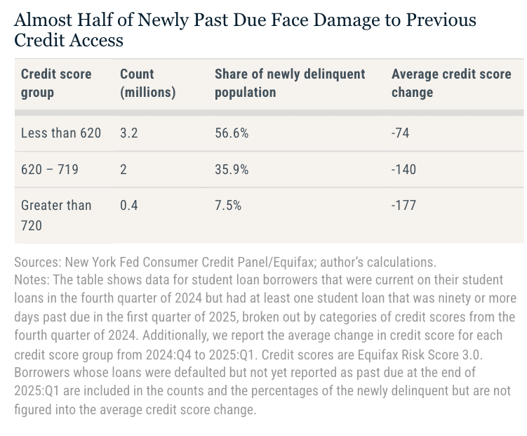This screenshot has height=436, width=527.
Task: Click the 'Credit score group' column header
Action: tap(56, 83)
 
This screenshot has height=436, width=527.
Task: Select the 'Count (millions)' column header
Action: tap(147, 83)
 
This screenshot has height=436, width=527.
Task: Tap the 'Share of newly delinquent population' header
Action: tap(290, 83)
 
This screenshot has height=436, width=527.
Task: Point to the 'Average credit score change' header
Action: tap(451, 83)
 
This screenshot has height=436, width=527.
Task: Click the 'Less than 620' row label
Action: tap(61, 133)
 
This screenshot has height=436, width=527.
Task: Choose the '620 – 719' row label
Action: tap(50, 169)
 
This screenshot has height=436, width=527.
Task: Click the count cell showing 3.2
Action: tap(129, 133)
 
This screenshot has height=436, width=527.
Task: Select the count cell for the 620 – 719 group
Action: tap(124, 169)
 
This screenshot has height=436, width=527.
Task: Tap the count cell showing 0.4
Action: tap(129, 205)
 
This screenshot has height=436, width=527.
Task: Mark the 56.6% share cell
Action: tap(232, 133)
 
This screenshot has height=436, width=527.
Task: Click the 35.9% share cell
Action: tap(232, 169)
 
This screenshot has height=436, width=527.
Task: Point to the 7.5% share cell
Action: tap(228, 205)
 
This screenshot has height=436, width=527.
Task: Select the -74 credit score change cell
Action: tap(401, 133)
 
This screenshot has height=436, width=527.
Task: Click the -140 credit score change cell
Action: tap(403, 169)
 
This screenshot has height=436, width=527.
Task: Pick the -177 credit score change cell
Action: tap(403, 205)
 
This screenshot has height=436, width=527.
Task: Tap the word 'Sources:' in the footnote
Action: tap(36, 263)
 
